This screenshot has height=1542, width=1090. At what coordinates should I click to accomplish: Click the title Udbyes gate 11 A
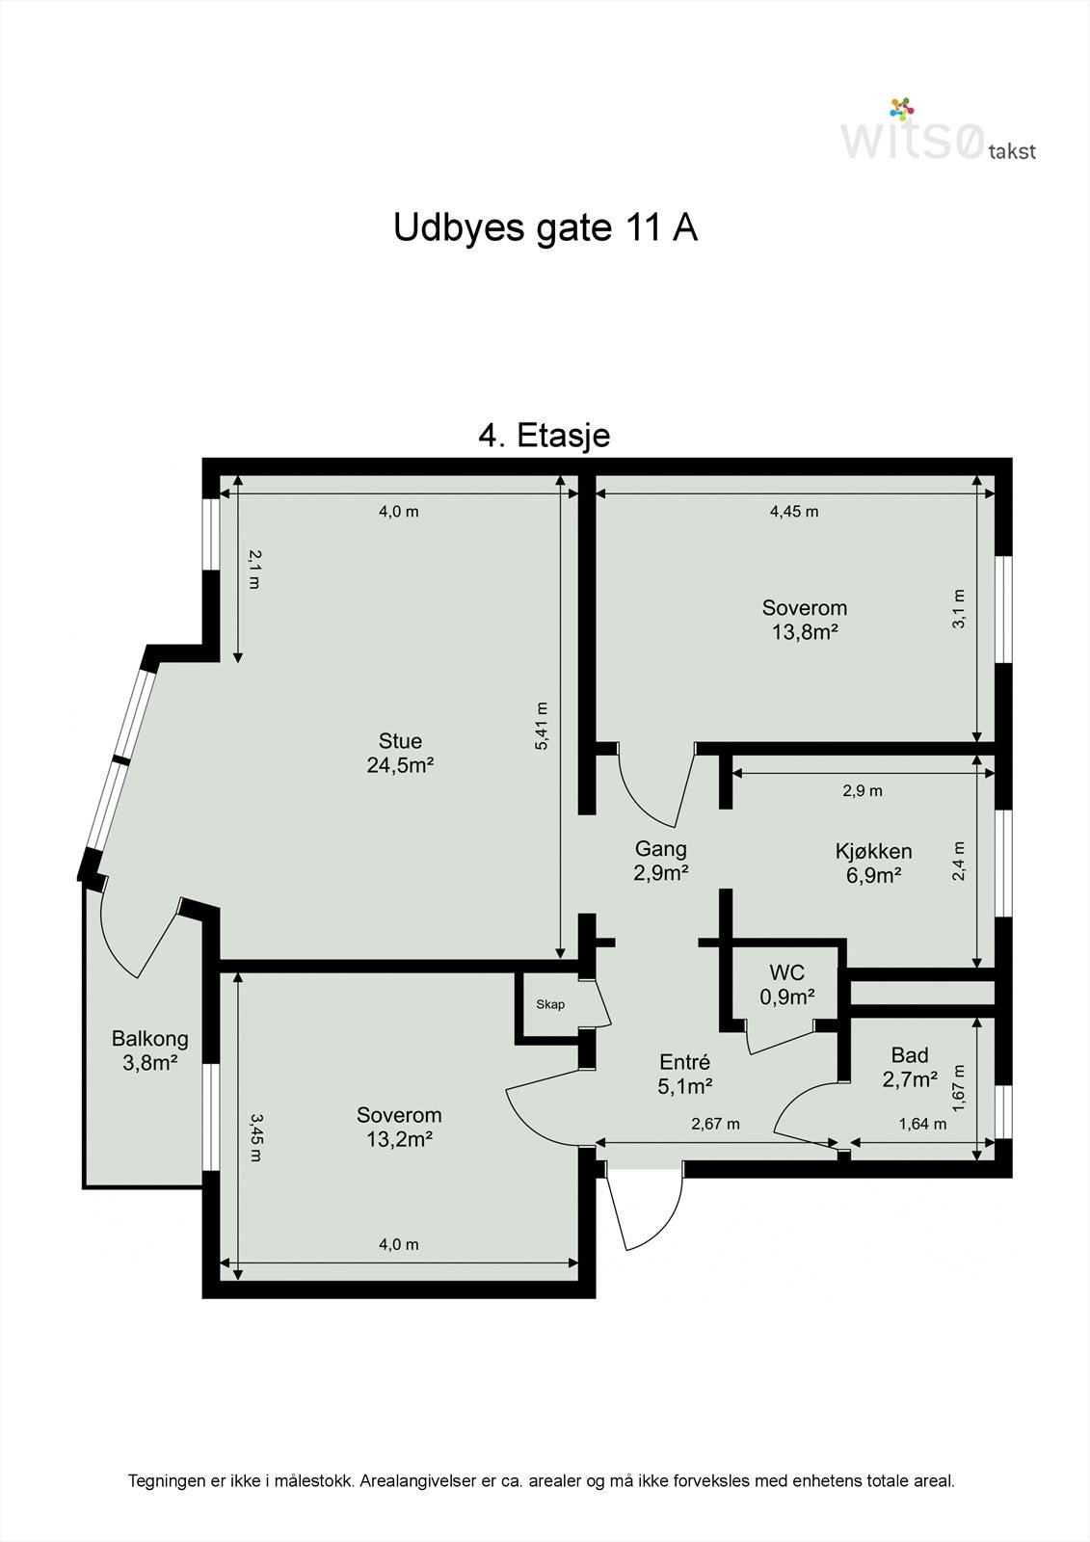pyautogui.click(x=545, y=228)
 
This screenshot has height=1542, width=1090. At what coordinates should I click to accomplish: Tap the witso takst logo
pyautogui.click(x=937, y=132)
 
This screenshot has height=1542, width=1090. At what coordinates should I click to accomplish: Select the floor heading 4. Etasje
pyautogui.click(x=544, y=436)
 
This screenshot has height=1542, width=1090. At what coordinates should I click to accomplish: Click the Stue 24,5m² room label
pyautogui.click(x=400, y=753)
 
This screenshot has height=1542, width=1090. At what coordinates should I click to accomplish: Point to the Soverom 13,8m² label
pyautogui.click(x=804, y=620)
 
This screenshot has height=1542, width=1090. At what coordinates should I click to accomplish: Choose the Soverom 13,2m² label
pyautogui.click(x=399, y=1127)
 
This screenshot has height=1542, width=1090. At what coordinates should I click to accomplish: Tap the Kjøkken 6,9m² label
pyautogui.click(x=873, y=863)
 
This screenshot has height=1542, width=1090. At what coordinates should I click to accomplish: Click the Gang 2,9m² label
pyautogui.click(x=660, y=861)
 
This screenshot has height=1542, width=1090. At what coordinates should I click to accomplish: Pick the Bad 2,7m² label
pyautogui.click(x=910, y=1067)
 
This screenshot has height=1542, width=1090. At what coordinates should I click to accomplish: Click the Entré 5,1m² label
pyautogui.click(x=685, y=1074)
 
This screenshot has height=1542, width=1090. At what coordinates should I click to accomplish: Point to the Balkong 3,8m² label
pyautogui.click(x=149, y=1050)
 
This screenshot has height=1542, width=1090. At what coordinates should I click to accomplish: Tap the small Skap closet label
pyautogui.click(x=550, y=1004)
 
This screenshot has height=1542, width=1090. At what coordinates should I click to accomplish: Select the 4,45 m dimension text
pyautogui.click(x=794, y=512)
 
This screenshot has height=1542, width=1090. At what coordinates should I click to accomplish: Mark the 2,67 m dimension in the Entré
pyautogui.click(x=715, y=1124)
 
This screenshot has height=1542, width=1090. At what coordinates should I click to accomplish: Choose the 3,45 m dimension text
pyautogui.click(x=254, y=1137)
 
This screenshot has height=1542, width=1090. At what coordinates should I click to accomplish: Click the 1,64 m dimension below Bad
pyautogui.click(x=922, y=1124)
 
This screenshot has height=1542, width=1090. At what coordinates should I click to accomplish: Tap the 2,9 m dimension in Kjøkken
pyautogui.click(x=863, y=791)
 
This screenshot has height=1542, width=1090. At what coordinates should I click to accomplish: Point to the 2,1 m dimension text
pyautogui.click(x=254, y=569)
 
